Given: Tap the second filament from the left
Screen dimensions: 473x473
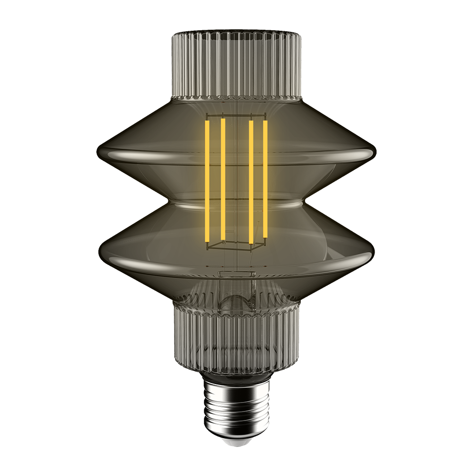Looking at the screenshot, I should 222,180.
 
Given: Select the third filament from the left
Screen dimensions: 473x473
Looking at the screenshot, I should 251,182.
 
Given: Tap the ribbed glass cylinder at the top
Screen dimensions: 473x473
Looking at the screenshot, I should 236,61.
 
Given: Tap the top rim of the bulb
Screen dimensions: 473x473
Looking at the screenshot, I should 236,34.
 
